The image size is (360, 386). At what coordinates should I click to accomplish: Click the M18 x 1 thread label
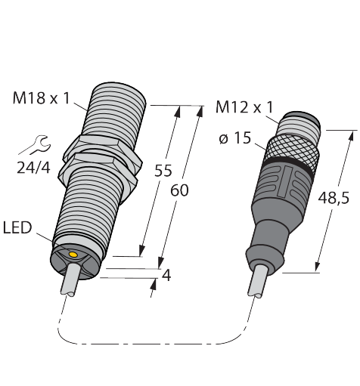[41, 98]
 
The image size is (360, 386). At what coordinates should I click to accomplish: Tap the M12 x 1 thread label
[244, 107]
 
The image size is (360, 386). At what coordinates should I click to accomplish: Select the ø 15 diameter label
[235, 138]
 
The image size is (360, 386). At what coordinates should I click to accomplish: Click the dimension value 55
[163, 171]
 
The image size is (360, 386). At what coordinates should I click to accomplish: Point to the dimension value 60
[179, 190]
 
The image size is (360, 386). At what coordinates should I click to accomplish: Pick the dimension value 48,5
[334, 198]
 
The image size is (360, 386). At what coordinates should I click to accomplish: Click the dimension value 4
[166, 276]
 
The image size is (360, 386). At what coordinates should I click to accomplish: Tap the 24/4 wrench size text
[33, 168]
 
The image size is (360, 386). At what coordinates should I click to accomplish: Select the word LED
[17, 227]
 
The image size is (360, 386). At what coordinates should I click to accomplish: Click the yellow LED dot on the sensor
[73, 255]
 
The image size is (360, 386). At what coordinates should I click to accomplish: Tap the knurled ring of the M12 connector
[292, 150]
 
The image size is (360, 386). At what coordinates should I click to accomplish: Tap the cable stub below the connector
[258, 281]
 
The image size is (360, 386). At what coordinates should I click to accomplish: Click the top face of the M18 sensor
[119, 89]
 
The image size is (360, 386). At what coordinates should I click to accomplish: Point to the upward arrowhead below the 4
[153, 284]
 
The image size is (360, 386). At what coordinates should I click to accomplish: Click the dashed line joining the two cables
[151, 344]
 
